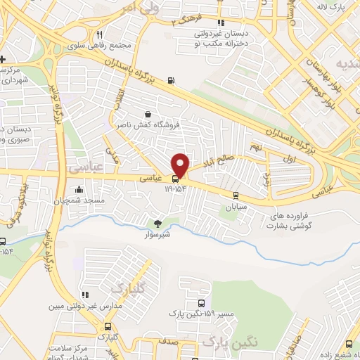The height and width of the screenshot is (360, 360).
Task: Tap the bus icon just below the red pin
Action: [175, 179]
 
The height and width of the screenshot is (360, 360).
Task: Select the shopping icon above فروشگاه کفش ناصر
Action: [148, 115]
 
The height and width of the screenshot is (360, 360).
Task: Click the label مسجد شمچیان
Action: [77, 201]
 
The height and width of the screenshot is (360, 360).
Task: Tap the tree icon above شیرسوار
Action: [157, 224]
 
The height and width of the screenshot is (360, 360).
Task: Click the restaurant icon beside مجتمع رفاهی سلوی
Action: [100, 34]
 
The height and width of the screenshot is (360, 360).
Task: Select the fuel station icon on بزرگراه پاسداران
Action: [172, 80]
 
